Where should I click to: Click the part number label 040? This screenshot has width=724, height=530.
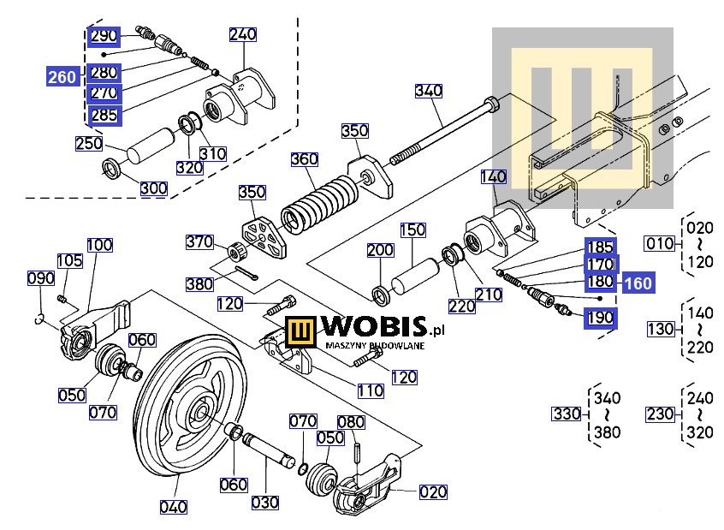coord(174,506)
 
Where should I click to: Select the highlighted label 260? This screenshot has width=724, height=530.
coord(62,77)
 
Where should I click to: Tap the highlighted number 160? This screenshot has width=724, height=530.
coord(636,283)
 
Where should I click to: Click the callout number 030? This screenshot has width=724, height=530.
coord(264,502)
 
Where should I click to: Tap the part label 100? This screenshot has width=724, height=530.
coord(99,246)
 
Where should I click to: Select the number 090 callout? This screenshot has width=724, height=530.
coord(41,278)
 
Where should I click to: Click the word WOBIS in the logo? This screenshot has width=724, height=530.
coord(371,328)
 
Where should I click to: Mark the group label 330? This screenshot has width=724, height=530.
coord(566,414)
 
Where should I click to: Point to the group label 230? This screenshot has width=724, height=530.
coord(660,414)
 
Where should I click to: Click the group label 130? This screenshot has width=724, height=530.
coord(660,329)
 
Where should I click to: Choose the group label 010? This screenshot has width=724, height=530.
coord(660,243)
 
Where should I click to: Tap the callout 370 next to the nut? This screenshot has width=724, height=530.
coord(200,242)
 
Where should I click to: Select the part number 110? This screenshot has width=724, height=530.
coord(371,390)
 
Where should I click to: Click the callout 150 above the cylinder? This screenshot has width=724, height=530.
coord(412,230)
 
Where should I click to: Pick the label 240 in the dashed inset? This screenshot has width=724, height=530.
coord(242,35)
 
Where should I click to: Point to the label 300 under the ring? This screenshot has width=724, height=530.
coord(154,188)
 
